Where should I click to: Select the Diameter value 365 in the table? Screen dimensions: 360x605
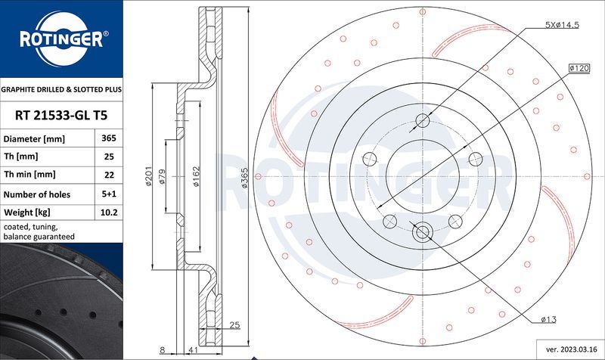[x=109, y=139]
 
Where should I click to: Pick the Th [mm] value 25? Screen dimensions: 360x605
[x=109, y=157]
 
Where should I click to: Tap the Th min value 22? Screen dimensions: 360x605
[x=109, y=175]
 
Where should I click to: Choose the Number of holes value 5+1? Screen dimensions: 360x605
[x=109, y=194]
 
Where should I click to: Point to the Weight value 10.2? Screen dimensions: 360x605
[x=109, y=213]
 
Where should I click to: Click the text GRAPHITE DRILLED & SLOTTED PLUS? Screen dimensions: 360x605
[x=60, y=89]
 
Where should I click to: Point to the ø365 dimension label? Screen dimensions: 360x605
[x=244, y=178]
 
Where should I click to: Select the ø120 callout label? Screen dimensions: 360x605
[x=579, y=68]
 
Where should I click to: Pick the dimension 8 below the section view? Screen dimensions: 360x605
[x=162, y=351]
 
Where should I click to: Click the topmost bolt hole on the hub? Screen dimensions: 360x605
[x=423, y=121]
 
